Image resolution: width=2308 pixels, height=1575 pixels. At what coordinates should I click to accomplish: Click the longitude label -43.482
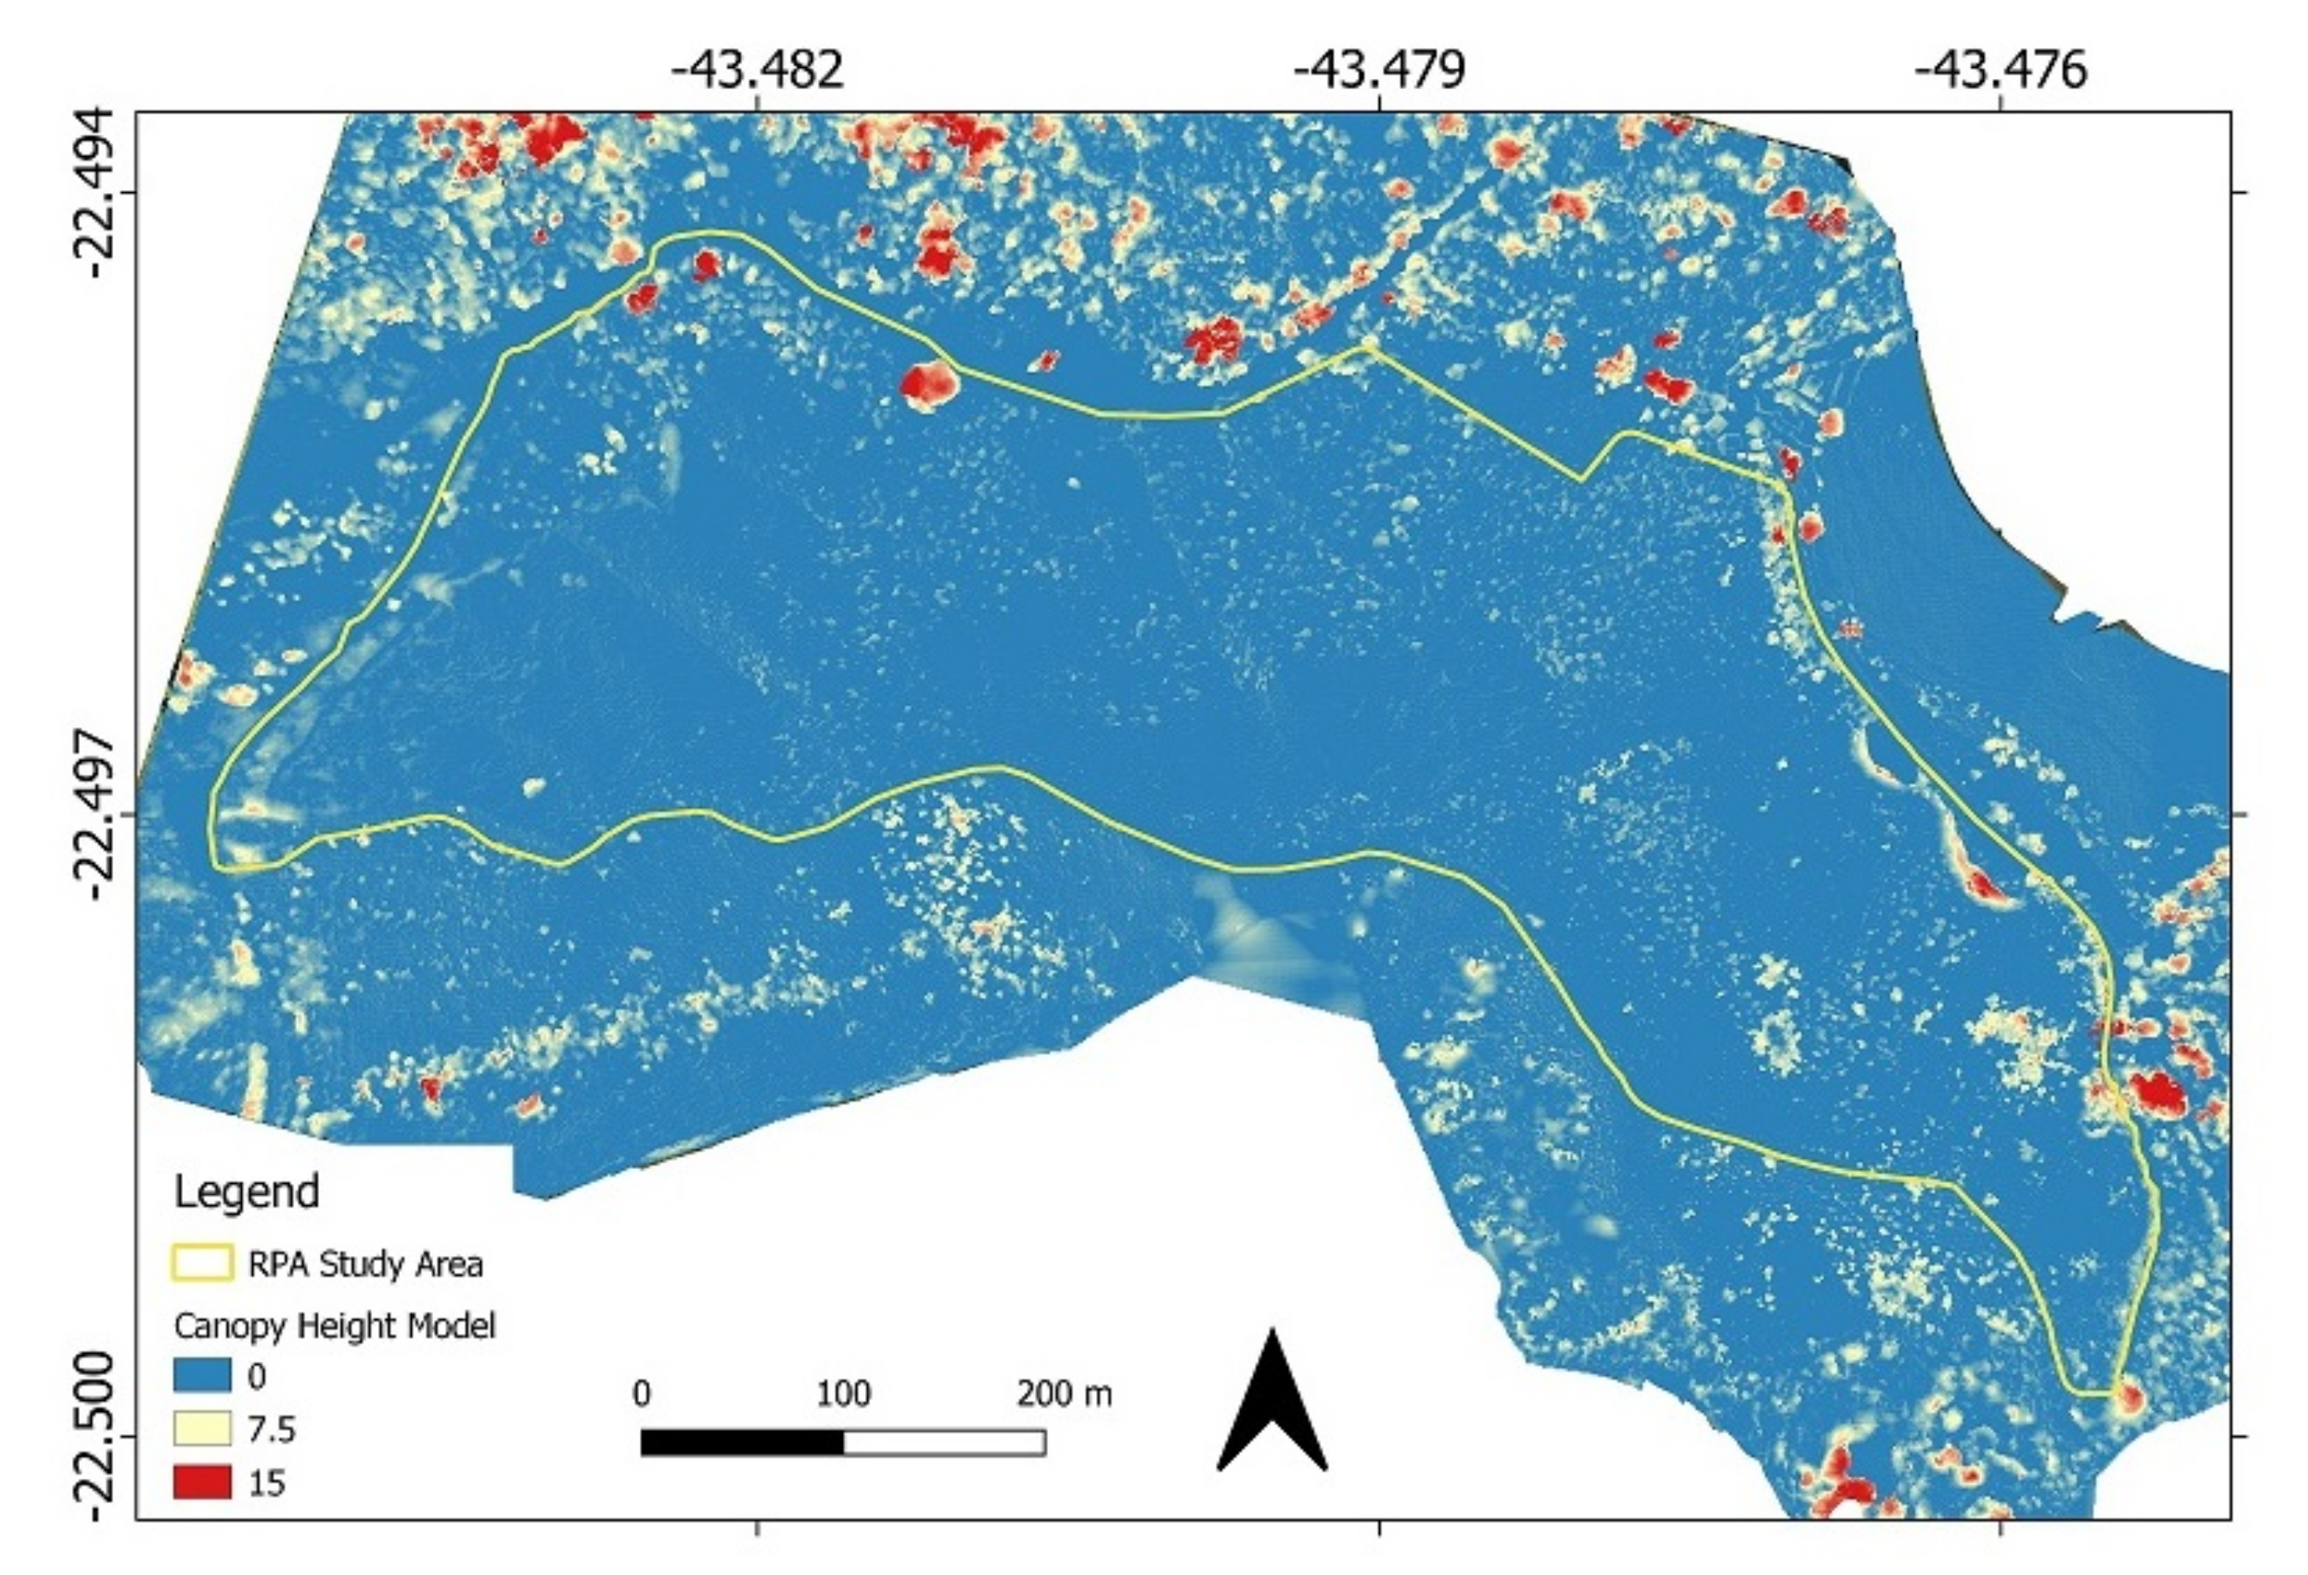756,69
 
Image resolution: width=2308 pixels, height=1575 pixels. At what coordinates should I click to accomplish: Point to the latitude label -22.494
99,193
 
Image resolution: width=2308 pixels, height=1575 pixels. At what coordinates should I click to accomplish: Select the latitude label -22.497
99,814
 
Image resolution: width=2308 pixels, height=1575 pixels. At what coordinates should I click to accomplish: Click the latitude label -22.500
99,1435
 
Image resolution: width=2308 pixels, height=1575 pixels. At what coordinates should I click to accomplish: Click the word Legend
246,1192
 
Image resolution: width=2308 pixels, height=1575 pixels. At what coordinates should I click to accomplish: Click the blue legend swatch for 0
202,1375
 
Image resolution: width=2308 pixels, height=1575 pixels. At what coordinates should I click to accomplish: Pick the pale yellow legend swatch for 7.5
202,1429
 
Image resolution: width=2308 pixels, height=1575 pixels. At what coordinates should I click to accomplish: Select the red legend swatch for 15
202,1482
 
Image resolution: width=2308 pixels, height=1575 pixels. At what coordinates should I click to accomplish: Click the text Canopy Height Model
334,1325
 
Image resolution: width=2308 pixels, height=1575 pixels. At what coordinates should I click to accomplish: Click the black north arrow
1272,1405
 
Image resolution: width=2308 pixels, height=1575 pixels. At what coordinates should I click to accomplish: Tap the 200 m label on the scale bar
1064,1394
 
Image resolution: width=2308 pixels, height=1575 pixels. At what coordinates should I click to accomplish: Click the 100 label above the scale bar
843,1394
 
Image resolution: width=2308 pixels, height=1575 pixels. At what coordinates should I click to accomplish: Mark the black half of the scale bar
742,1442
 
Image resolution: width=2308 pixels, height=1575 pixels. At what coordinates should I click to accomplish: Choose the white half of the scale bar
943,1442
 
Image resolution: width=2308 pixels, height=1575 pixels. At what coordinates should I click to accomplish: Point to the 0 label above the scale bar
642,1394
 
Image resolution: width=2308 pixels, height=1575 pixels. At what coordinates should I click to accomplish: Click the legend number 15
266,1483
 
